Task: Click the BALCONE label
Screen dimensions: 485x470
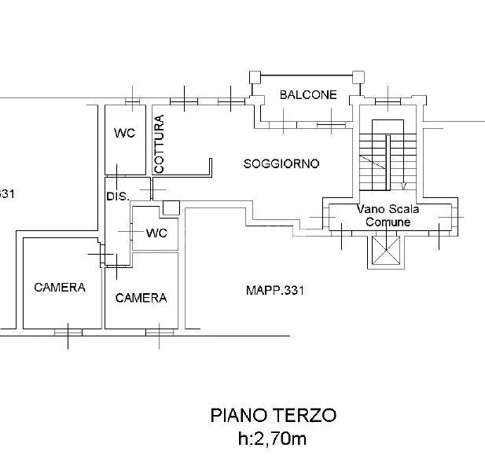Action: (308, 94)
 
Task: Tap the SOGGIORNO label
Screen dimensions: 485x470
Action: (281, 163)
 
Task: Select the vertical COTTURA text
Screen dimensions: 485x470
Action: (159, 144)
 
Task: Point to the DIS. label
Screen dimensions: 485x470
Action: (118, 196)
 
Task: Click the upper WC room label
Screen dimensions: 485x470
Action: (124, 133)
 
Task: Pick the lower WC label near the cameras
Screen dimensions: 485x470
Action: (156, 233)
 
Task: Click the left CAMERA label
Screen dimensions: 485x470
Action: (60, 287)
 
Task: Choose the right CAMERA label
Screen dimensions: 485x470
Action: (141, 298)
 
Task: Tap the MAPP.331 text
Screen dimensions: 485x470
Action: (275, 290)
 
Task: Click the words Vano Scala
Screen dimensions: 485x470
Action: (388, 209)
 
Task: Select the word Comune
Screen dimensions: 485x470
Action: (388, 222)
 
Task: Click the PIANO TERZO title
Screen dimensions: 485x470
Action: (273, 415)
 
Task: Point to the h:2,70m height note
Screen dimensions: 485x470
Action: (272, 439)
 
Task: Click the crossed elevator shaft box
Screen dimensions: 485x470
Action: (386, 251)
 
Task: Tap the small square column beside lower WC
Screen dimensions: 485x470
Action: (171, 207)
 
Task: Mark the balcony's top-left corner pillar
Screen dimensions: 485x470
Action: (255, 77)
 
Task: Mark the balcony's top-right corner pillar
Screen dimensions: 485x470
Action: (358, 77)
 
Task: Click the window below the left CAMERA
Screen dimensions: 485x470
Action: (68, 332)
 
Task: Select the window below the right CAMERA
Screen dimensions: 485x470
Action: (160, 332)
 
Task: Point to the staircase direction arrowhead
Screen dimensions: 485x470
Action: (404, 186)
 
